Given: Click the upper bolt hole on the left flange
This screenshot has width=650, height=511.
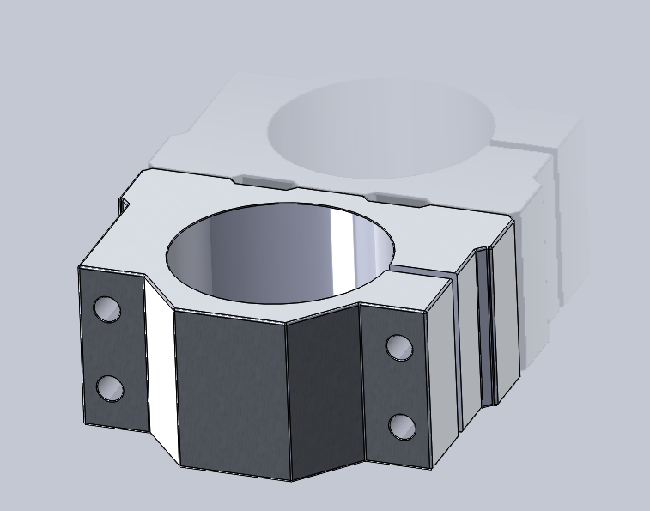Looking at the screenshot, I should pyautogui.click(x=107, y=308).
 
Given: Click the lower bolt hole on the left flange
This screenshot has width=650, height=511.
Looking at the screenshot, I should pyautogui.click(x=109, y=388).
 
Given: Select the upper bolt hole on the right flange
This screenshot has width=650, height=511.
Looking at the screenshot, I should pyautogui.click(x=398, y=346).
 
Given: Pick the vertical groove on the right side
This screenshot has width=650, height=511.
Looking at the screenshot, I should pyautogui.click(x=487, y=326).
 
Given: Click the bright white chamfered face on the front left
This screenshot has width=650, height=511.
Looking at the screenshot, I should pyautogui.click(x=161, y=369).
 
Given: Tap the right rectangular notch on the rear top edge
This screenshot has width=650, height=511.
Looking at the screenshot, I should pyautogui.click(x=400, y=199).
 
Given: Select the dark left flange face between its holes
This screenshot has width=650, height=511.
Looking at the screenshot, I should pyautogui.click(x=109, y=348).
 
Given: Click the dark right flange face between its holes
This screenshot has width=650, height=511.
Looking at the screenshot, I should pyautogui.click(x=397, y=386).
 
